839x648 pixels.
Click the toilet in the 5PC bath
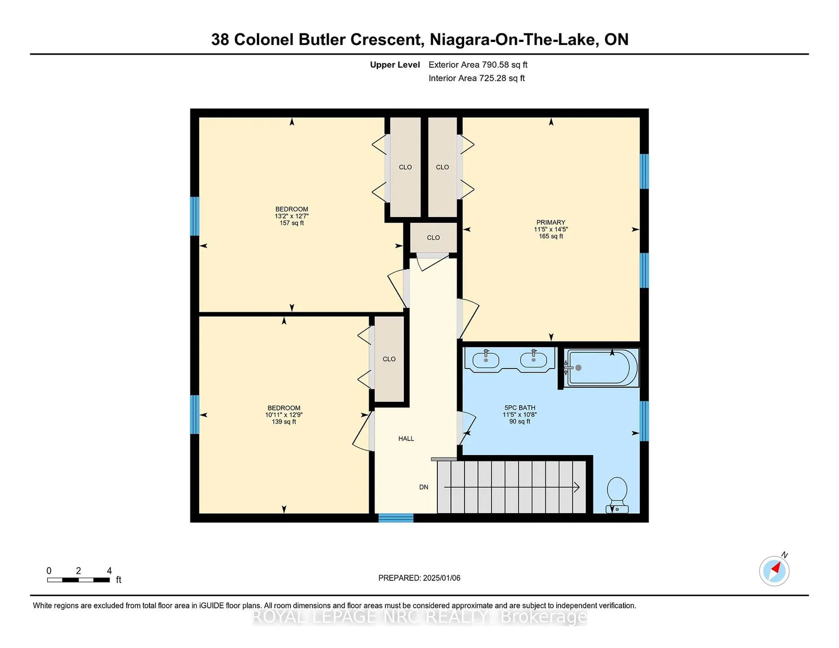pyautogui.click(x=617, y=495)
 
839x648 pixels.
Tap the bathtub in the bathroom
pyautogui.click(x=601, y=368)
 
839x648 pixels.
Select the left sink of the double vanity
pyautogui.click(x=486, y=360)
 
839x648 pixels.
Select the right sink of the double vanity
pyautogui.click(x=533, y=360)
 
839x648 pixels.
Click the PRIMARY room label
pyautogui.click(x=551, y=222)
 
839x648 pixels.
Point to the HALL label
pyautogui.click(x=406, y=438)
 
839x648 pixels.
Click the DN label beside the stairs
pyautogui.click(x=424, y=487)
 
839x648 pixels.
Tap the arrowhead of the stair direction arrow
pyautogui.click(x=577, y=488)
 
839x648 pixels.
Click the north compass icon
pyautogui.click(x=775, y=570)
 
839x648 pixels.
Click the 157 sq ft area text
pyautogui.click(x=292, y=223)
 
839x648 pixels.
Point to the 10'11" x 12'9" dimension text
pyautogui.click(x=284, y=415)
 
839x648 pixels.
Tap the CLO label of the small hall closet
pyautogui.click(x=433, y=237)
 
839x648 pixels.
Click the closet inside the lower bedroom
pyautogui.click(x=389, y=359)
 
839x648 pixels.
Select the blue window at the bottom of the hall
pyautogui.click(x=396, y=518)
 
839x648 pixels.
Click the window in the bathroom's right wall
pyautogui.click(x=644, y=420)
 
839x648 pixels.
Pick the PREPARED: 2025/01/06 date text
pyautogui.click(x=419, y=578)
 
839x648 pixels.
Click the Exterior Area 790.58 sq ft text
pyautogui.click(x=478, y=65)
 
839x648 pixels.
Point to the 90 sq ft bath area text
pyautogui.click(x=520, y=422)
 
